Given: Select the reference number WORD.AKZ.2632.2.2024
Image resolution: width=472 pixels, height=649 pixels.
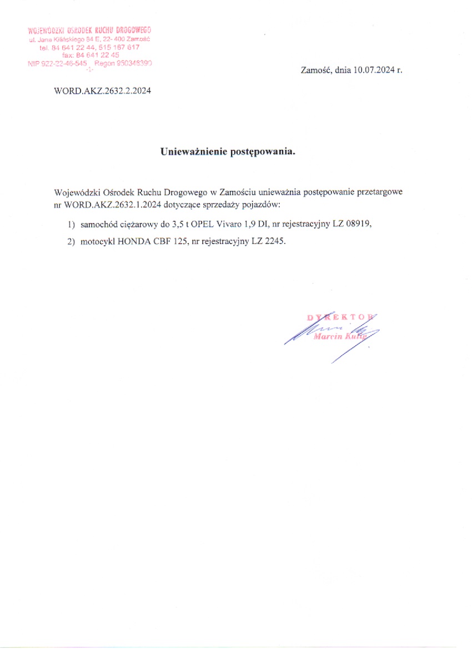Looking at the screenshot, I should tap(103, 90).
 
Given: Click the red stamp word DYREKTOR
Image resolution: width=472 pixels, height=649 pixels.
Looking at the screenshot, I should tap(340, 317).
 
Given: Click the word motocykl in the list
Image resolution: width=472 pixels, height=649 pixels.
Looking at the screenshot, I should tap(97, 242).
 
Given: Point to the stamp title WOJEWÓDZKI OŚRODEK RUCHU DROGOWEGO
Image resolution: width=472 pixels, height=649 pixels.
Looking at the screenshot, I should tap(89, 30).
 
